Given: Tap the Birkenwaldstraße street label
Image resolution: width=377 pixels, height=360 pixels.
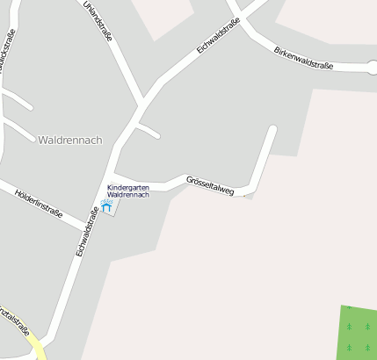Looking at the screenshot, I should [303, 56].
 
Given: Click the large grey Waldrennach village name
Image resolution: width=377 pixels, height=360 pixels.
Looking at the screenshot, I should [70, 140].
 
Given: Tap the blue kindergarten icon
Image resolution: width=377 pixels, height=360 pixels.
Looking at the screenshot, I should [107, 207].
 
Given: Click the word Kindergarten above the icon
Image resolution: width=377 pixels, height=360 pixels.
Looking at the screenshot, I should [128, 188].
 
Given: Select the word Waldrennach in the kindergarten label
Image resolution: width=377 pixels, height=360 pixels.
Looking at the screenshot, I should [128, 195].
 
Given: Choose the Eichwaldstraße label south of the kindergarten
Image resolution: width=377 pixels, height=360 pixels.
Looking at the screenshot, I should [85, 231].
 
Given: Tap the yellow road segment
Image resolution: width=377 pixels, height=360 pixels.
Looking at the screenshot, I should [36, 350].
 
